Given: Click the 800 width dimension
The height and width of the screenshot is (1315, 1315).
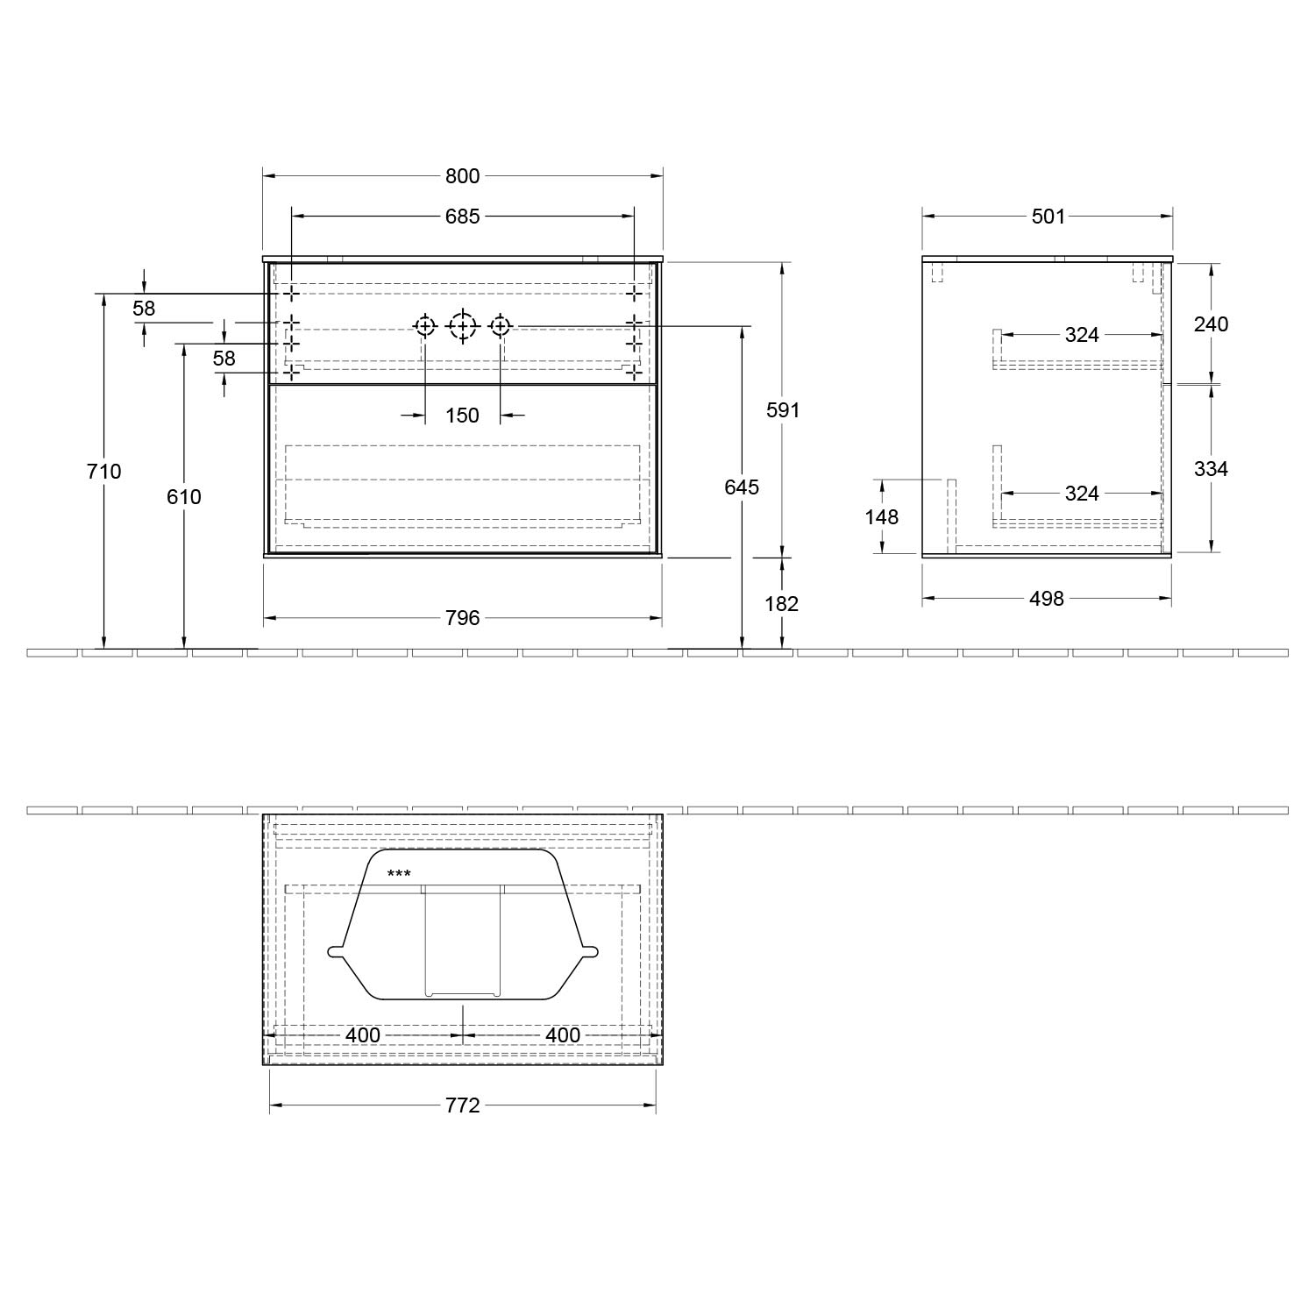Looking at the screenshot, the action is pyautogui.click(x=462, y=176).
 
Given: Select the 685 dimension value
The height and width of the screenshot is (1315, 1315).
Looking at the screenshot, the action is pyautogui.click(x=462, y=216).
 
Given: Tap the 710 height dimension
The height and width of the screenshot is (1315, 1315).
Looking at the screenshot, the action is pyautogui.click(x=104, y=472).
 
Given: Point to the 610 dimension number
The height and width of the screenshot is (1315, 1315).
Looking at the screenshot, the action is pyautogui.click(x=184, y=497).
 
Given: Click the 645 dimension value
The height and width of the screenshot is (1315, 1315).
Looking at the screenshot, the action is pyautogui.click(x=742, y=487).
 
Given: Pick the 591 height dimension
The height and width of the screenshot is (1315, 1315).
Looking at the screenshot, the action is pyautogui.click(x=783, y=409).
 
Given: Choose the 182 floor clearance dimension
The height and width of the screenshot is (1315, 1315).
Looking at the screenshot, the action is pyautogui.click(x=782, y=604).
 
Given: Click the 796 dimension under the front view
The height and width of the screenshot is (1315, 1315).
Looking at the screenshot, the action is pyautogui.click(x=462, y=618).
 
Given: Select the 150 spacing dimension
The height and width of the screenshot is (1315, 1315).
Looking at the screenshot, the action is pyautogui.click(x=462, y=416).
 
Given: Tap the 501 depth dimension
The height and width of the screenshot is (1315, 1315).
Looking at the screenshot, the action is pyautogui.click(x=1048, y=216).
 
